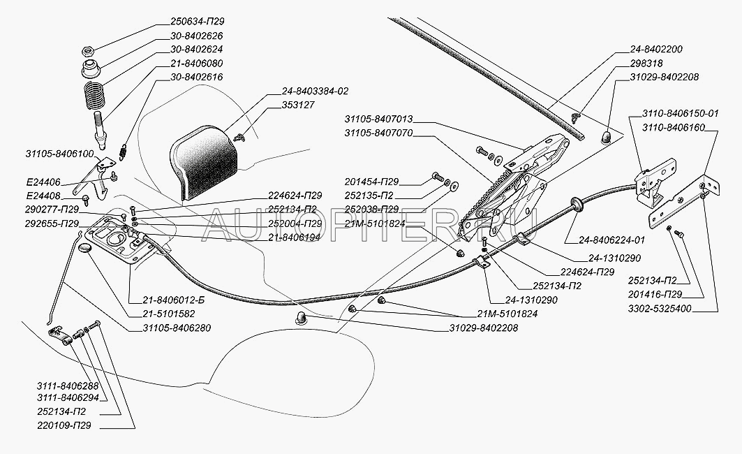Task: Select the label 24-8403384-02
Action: [x=315, y=90]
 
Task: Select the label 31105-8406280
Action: [x=177, y=327]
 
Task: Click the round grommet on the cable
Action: [x=577, y=204]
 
